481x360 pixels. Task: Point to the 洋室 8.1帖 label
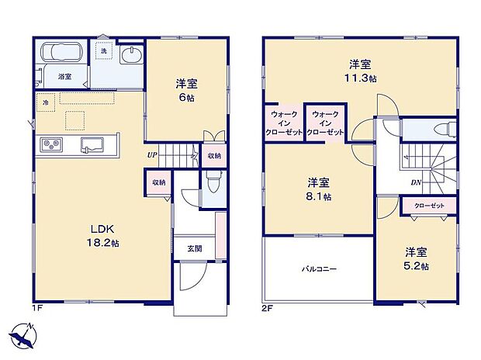click(x=319, y=189)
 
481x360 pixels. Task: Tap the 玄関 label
click(x=194, y=248)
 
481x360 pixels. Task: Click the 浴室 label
click(x=64, y=76)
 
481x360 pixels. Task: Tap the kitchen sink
click(x=92, y=144)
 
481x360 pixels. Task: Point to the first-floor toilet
click(x=213, y=182)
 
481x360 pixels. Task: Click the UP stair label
click(x=154, y=154)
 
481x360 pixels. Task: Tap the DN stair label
click(x=415, y=183)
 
